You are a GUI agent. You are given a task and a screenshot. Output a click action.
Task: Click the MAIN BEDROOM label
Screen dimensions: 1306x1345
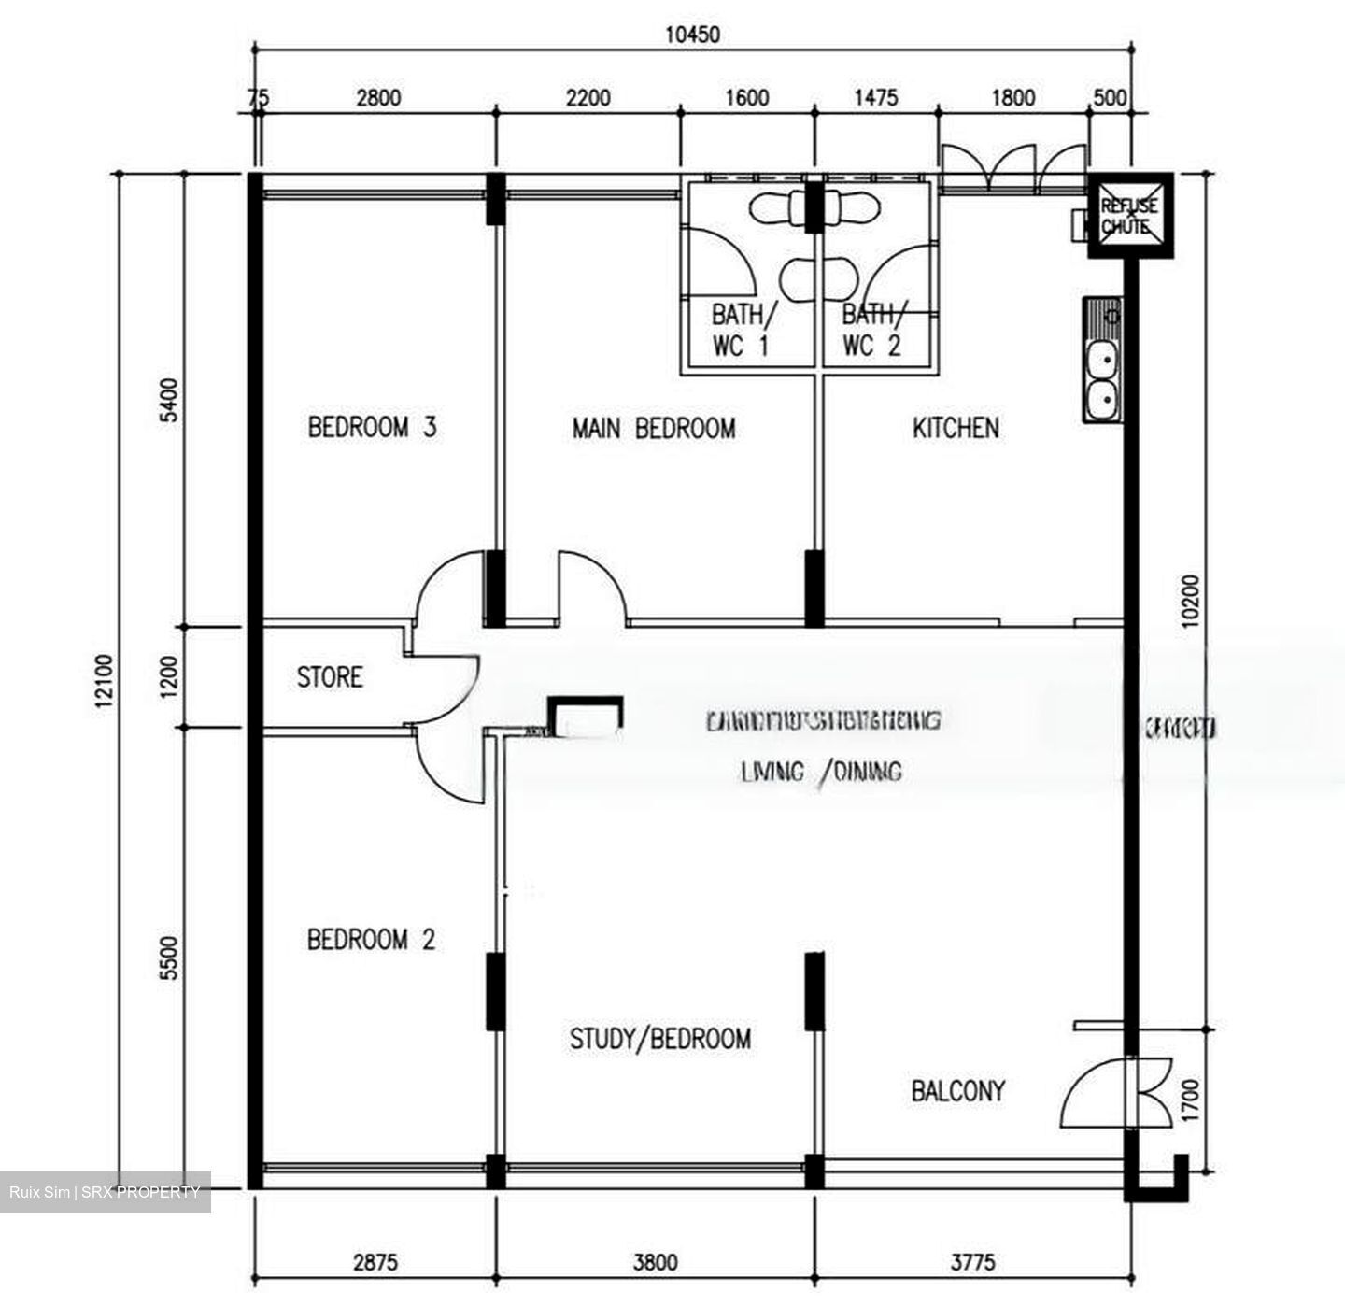[x=653, y=429]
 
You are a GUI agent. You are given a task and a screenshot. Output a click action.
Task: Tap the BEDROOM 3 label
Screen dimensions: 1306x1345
[x=372, y=428]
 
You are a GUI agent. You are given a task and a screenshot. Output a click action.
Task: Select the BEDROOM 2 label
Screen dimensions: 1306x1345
[x=371, y=939]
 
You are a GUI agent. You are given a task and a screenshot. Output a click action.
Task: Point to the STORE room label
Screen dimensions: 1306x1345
[x=330, y=677]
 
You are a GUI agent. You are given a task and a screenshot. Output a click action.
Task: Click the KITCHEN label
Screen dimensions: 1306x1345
[x=956, y=429]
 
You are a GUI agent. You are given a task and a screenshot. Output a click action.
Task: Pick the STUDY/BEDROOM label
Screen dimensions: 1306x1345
[x=659, y=1039]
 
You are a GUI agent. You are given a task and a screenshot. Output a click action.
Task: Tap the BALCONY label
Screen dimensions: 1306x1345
[x=957, y=1091]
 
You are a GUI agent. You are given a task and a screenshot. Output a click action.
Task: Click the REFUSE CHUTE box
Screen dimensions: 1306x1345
[x=1128, y=216]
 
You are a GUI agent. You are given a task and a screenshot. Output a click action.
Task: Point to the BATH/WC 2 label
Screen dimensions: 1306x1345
[x=871, y=329]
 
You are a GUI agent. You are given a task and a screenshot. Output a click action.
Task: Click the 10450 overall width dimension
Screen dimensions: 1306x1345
[x=692, y=35]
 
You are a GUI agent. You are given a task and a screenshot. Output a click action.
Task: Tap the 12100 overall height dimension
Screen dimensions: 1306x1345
[x=104, y=681]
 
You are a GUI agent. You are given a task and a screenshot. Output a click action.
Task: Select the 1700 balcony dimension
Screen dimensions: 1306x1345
[x=1189, y=1100]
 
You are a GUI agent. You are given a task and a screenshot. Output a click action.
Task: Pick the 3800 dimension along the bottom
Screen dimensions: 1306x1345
[x=655, y=1263]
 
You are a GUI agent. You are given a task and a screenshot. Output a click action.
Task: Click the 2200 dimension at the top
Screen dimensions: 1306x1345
[x=588, y=98]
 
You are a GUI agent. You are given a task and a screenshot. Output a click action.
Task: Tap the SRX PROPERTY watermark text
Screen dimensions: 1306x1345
[x=140, y=1192]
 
